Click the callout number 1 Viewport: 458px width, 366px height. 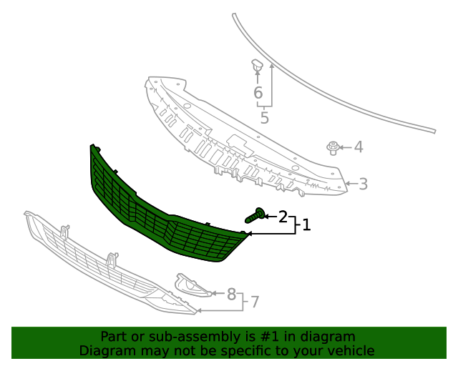[x=306, y=224]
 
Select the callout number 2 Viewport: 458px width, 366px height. [x=283, y=217]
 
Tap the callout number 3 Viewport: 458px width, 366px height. [x=363, y=184]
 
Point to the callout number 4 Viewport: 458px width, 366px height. [x=359, y=147]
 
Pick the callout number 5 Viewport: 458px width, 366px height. [x=264, y=118]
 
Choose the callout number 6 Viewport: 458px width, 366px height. [x=258, y=92]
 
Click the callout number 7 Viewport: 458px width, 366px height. [x=255, y=302]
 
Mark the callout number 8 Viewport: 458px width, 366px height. [x=231, y=294]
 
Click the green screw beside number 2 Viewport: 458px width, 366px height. [x=255, y=215]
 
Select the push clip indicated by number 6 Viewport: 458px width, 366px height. [x=257, y=65]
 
